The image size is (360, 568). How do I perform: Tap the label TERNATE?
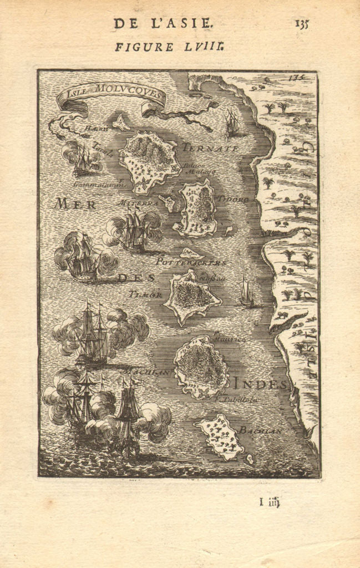(210, 149)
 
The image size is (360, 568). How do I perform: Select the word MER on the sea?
(75, 204)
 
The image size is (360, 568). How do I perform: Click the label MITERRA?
(143, 204)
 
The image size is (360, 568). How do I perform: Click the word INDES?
(260, 384)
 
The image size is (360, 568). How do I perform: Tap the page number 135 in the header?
(302, 23)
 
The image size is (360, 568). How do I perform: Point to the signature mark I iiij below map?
(270, 503)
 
